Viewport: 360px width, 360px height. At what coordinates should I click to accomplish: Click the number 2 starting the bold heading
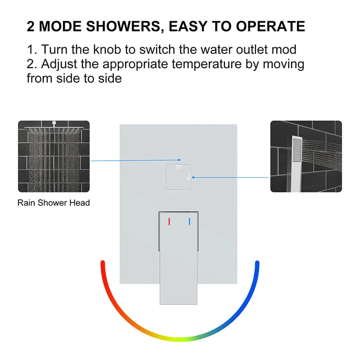pos(31,26)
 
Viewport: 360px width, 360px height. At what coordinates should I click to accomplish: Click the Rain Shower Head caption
pos(54,203)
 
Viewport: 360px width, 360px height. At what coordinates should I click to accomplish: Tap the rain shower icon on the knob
pos(179,168)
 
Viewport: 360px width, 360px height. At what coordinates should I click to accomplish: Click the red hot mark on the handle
pos(169,221)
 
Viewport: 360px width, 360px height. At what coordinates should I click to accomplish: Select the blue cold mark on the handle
pos(189,221)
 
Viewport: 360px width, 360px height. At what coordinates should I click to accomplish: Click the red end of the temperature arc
pos(103,264)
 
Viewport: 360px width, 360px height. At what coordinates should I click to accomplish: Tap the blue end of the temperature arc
pos(257,264)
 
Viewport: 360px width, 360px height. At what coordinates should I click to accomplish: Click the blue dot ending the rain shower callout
pos(179,159)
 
